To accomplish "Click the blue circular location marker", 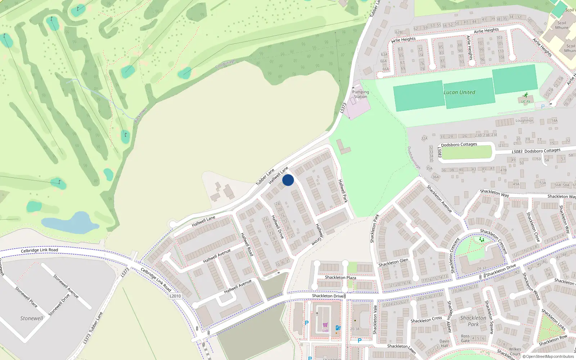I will (x=288, y=180).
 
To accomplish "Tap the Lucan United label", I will (x=459, y=92).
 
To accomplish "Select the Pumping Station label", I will (x=360, y=94).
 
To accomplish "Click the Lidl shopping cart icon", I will (x=325, y=325).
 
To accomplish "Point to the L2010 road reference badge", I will (x=175, y=296).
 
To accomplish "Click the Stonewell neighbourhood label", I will (x=32, y=318).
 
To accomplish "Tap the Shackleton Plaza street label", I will (x=340, y=278).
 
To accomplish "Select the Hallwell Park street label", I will (x=343, y=191).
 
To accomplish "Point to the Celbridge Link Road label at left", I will (x=39, y=250).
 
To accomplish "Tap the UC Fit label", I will (x=526, y=102).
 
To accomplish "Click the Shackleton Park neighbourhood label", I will (x=473, y=321).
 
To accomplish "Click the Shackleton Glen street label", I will (x=393, y=262).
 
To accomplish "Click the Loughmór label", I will (x=524, y=121).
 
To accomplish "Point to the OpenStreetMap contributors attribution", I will (x=548, y=356).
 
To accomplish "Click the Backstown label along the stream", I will (x=140, y=115).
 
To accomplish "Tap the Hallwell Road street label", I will (x=247, y=244).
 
